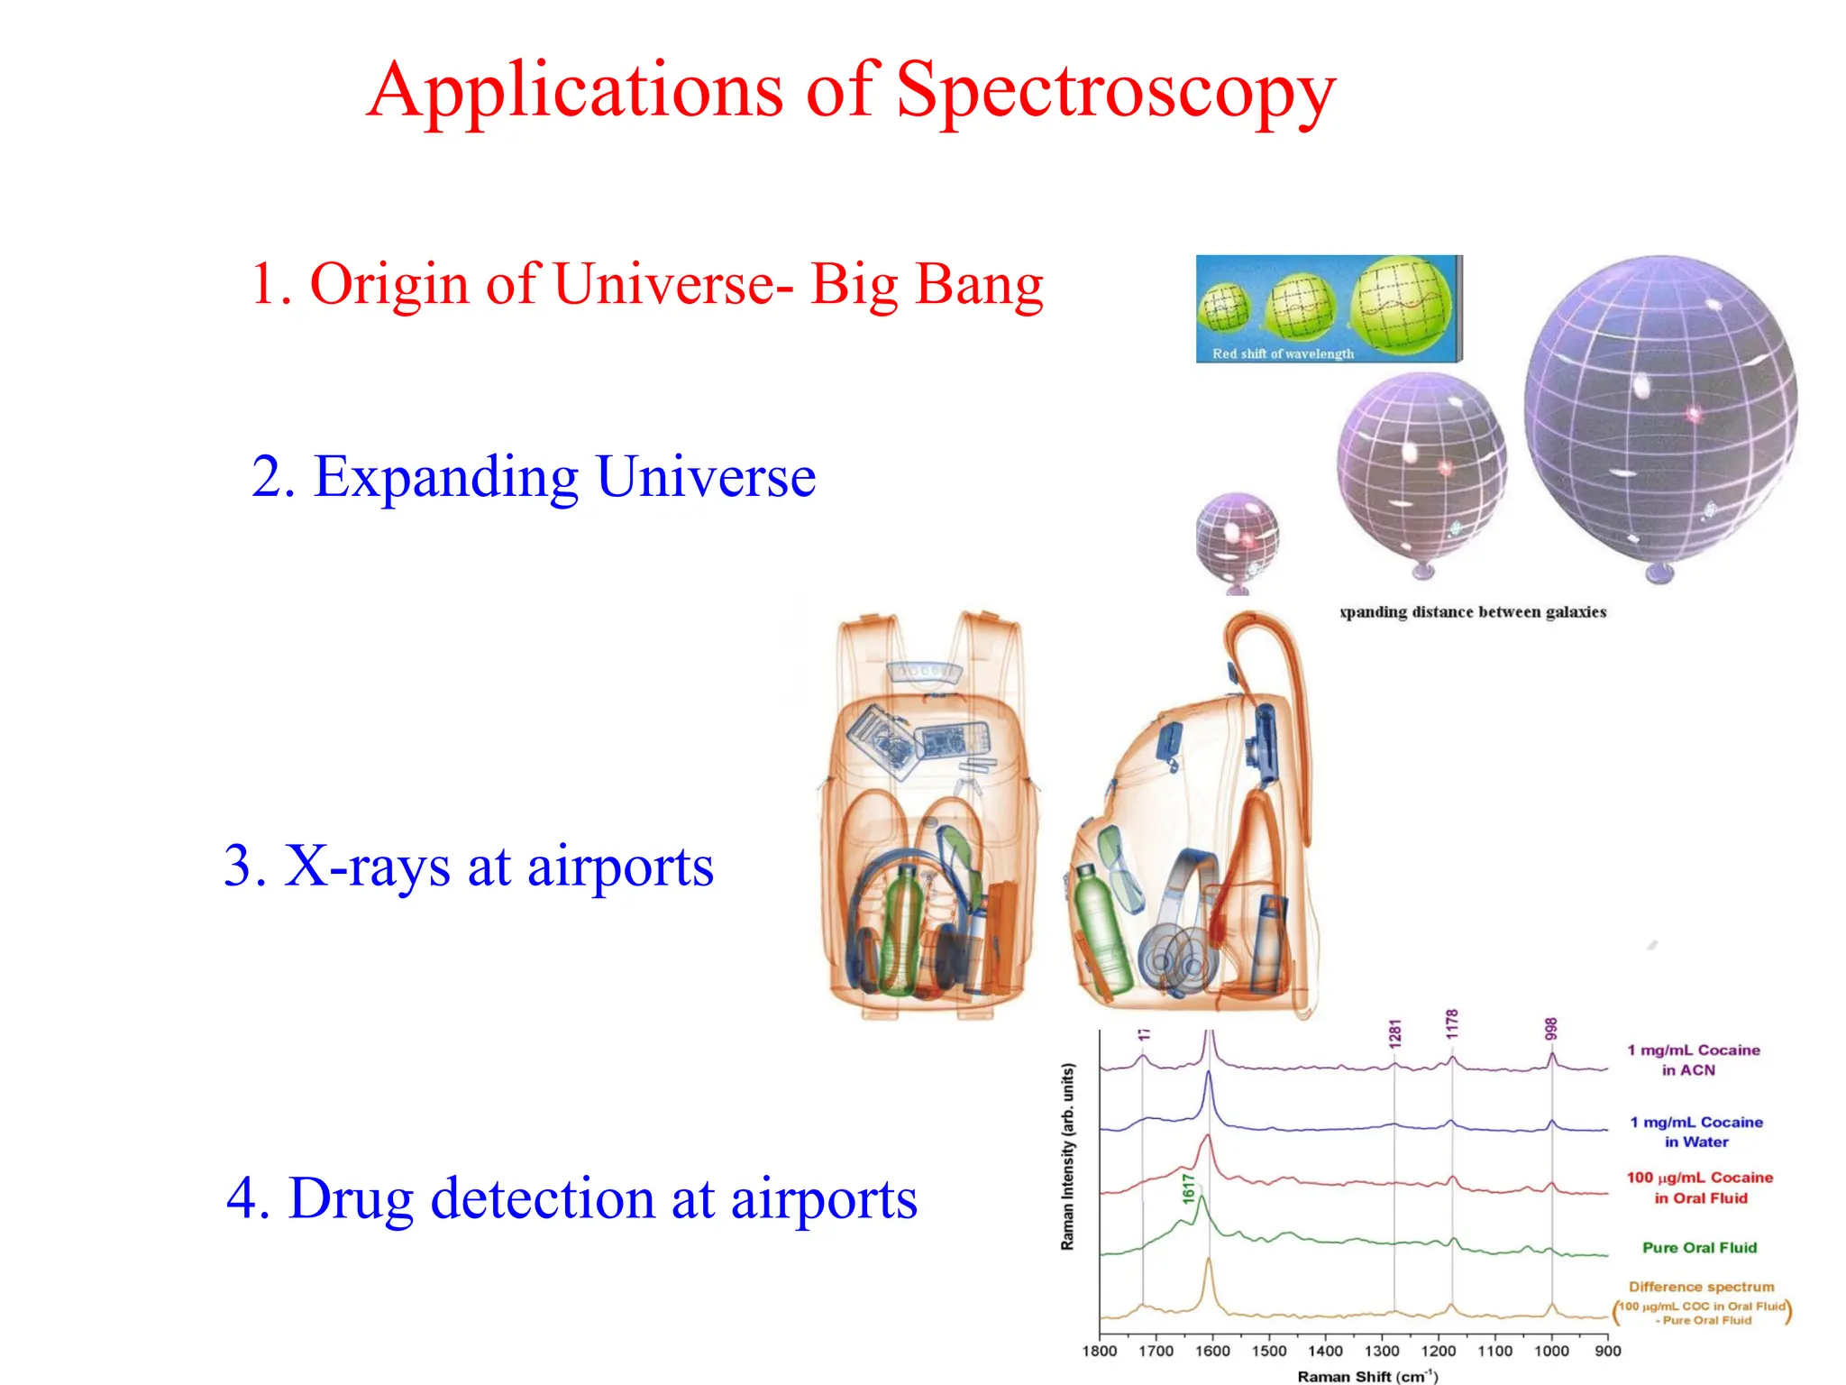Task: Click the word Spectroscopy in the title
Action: click(x=1115, y=91)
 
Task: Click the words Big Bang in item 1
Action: click(x=926, y=284)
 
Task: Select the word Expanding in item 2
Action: click(x=446, y=477)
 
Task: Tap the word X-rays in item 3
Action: click(x=367, y=867)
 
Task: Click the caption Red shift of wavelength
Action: click(x=1283, y=353)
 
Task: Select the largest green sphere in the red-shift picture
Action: click(x=1402, y=304)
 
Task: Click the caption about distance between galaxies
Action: click(x=1473, y=612)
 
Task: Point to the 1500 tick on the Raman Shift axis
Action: click(x=1269, y=1351)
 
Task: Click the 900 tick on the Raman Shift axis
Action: click(x=1607, y=1351)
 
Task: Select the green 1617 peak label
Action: click(x=1189, y=1188)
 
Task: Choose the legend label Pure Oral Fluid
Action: click(x=1699, y=1248)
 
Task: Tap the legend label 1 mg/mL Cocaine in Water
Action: click(x=1695, y=1132)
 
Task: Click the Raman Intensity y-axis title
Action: click(x=1067, y=1156)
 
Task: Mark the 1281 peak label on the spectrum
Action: click(x=1394, y=1033)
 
